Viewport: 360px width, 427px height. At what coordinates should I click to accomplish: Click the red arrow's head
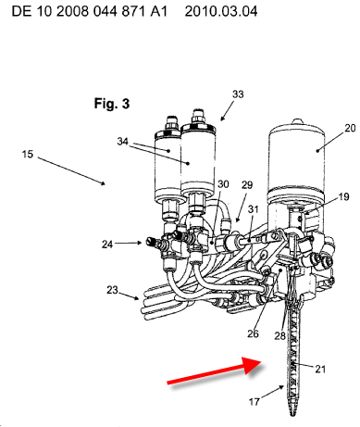(252, 365)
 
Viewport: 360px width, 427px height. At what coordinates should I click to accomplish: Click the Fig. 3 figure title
(112, 104)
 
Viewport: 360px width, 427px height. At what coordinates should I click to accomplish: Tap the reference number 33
(238, 94)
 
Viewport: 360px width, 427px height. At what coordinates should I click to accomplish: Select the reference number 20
(350, 128)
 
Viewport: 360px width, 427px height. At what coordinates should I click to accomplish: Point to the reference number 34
(122, 141)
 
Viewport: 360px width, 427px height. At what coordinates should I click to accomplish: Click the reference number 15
(27, 154)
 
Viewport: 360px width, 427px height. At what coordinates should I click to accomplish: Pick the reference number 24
(107, 245)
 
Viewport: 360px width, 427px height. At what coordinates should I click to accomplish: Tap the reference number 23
(112, 290)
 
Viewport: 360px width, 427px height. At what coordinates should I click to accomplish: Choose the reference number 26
(253, 333)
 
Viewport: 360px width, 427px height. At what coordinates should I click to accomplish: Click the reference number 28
(279, 335)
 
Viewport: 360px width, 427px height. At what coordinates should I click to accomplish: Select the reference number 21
(320, 369)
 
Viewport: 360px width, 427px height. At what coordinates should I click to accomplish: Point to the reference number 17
(254, 402)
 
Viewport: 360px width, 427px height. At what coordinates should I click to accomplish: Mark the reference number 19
(343, 196)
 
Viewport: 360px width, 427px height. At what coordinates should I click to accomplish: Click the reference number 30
(223, 184)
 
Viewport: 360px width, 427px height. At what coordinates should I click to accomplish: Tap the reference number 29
(247, 185)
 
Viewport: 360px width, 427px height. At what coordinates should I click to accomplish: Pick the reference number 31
(253, 209)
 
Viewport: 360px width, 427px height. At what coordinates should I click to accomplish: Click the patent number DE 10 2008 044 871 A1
(90, 12)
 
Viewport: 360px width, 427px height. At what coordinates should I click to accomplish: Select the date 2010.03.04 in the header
(221, 12)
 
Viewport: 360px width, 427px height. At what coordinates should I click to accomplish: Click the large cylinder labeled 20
(297, 160)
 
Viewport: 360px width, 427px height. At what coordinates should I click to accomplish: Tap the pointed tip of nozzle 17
(292, 415)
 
